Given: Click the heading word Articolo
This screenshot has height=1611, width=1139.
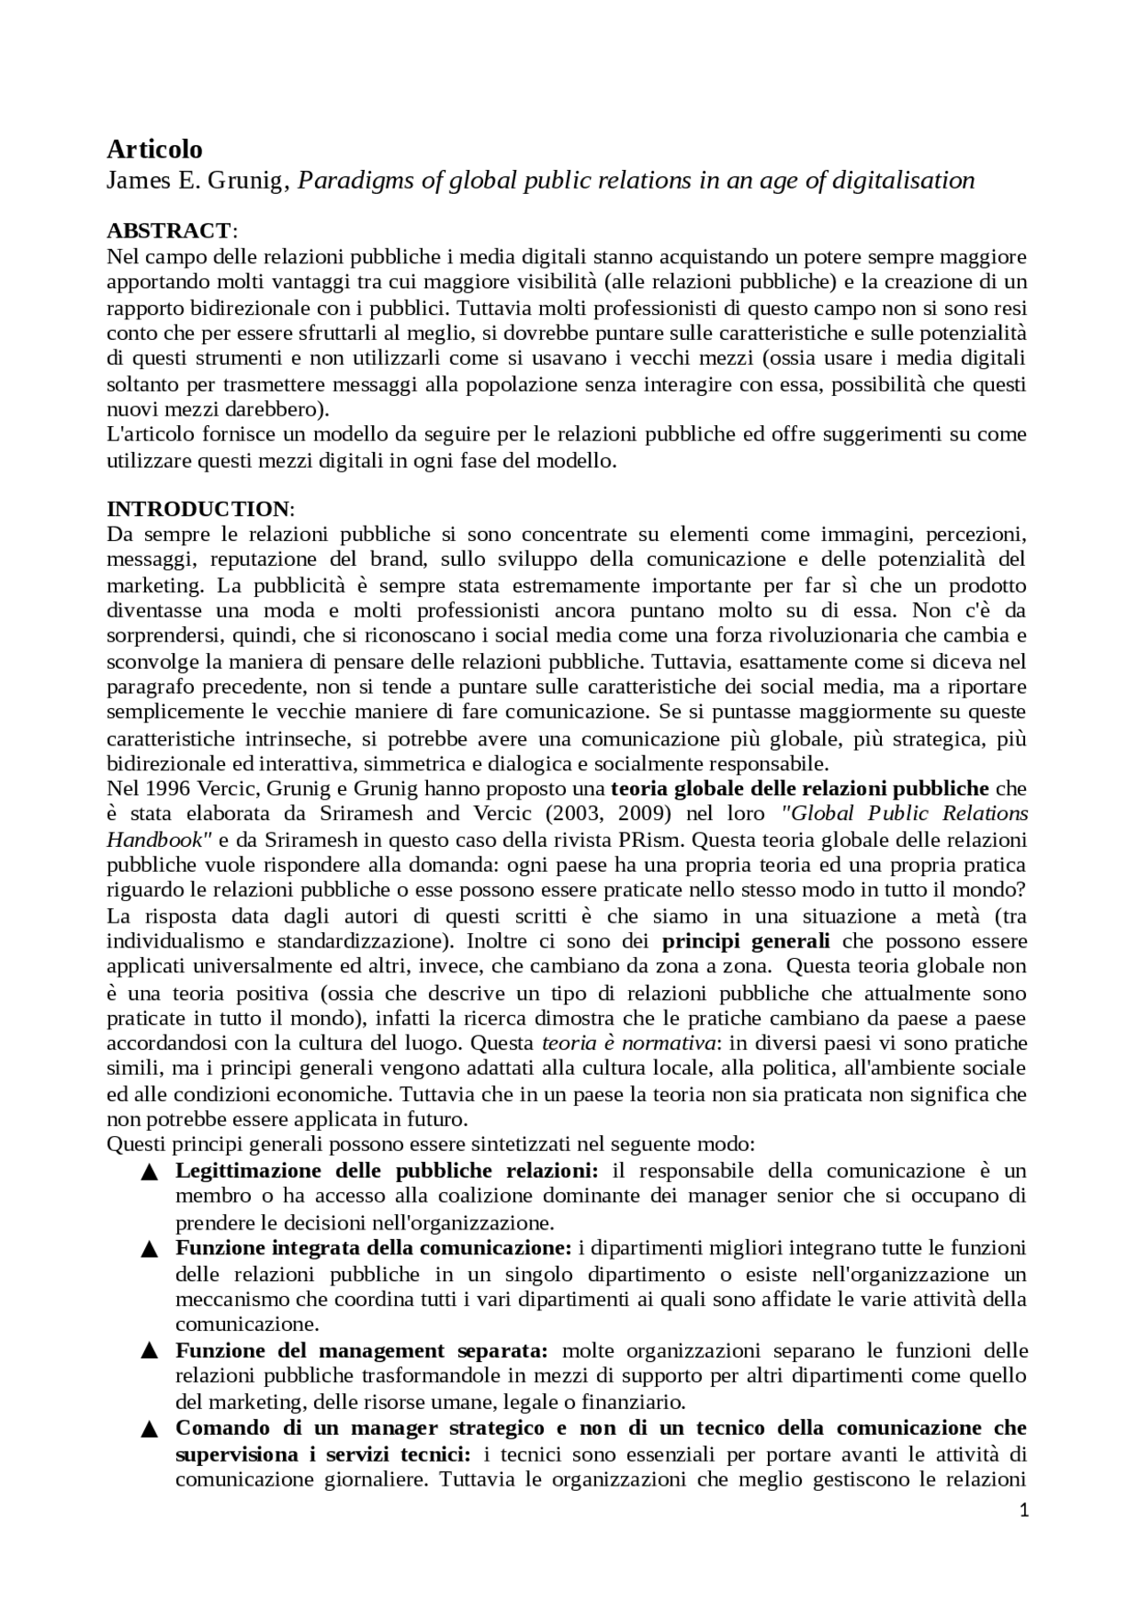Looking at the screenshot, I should click(154, 149).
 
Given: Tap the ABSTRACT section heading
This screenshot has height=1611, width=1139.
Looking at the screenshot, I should click(168, 231).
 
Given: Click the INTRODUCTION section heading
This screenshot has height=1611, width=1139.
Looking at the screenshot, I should click(198, 509).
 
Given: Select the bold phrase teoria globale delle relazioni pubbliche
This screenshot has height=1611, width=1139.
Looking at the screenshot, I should click(799, 788).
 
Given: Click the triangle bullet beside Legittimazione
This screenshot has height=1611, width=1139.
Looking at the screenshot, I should click(149, 1172).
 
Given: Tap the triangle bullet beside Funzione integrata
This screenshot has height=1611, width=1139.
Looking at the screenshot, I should click(149, 1250).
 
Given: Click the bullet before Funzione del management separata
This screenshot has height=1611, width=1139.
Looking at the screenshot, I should click(149, 1352).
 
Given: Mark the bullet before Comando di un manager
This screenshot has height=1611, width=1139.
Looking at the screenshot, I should click(149, 1430).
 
